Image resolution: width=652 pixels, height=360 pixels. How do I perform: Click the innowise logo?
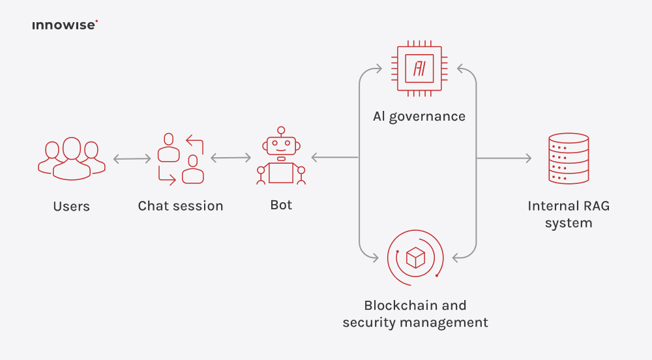click(65, 25)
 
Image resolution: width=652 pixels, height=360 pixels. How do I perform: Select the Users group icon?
click(71, 158)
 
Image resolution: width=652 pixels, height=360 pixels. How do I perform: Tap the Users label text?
click(71, 207)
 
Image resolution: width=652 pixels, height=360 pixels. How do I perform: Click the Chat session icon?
click(181, 158)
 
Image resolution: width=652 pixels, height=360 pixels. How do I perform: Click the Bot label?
click(281, 205)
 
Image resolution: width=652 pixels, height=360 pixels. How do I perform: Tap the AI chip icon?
click(419, 68)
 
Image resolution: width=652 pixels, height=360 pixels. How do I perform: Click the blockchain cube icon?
click(415, 258)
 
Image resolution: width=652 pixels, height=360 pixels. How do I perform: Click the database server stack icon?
click(569, 158)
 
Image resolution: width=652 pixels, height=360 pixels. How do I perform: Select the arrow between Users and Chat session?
click(132, 158)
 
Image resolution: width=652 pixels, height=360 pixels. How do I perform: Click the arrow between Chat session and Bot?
click(231, 158)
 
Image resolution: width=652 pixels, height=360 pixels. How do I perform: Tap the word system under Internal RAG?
click(569, 223)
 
